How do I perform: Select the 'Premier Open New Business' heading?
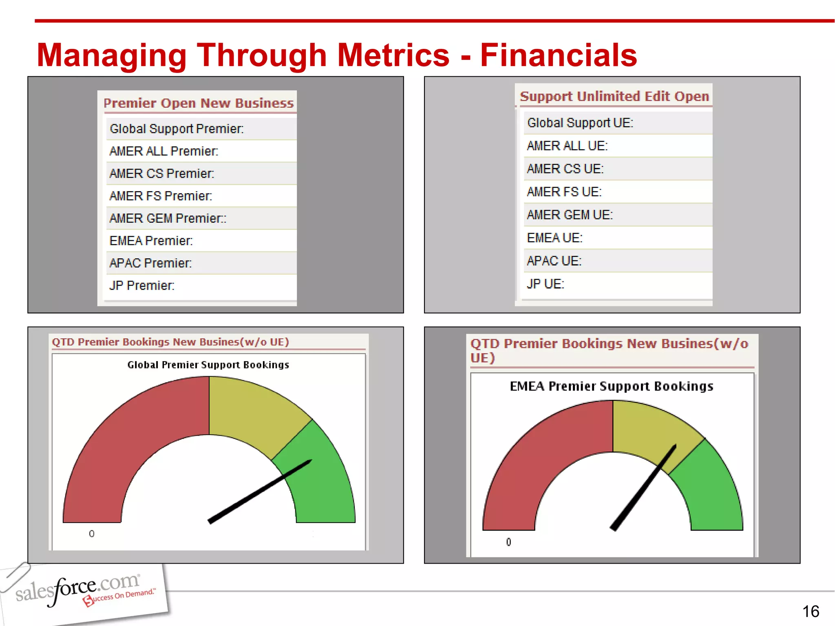pos(199,103)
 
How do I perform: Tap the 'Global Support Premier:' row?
pos(177,129)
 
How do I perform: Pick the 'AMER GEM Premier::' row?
pos(168,218)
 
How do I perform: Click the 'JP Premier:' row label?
pos(141,286)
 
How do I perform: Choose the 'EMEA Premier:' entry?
pos(151,241)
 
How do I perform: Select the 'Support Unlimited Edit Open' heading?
pos(614,96)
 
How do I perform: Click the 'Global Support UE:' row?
pos(580,123)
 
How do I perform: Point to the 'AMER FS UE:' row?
pos(564,192)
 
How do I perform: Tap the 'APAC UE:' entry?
pos(554,261)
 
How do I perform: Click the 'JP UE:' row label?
pos(545,284)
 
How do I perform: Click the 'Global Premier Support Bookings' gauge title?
pos(208,365)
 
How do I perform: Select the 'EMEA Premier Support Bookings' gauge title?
pos(612,386)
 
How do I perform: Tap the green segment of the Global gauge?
pos(326,481)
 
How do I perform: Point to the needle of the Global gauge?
pos(261,491)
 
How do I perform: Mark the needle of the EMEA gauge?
pos(644,487)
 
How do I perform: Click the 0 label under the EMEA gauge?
pos(508,542)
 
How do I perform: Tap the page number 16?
pos(811,611)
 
